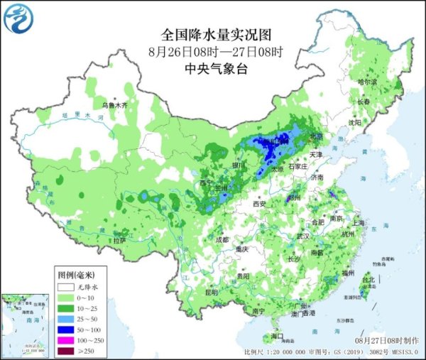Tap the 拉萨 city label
point(118,240)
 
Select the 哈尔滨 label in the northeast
point(367,82)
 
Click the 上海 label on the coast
point(357,222)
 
